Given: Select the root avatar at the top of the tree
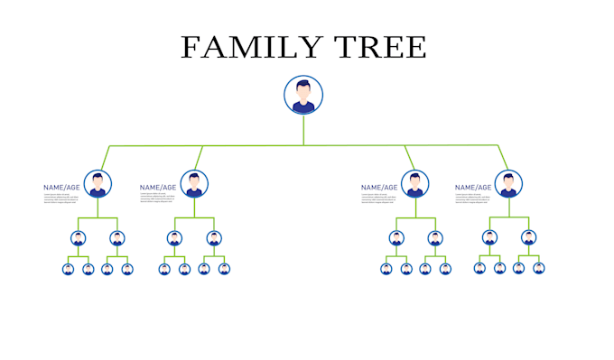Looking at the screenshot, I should [x=303, y=95].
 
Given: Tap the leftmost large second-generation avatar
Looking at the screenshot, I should [x=98, y=184].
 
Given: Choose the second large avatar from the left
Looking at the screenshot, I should [x=194, y=184].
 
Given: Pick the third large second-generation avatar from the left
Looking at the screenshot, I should [x=415, y=184].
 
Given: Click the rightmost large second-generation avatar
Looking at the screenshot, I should [x=508, y=184].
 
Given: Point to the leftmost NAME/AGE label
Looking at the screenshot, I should [x=61, y=188].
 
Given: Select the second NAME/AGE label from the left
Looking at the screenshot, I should [x=158, y=188].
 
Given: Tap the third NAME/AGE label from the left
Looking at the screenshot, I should [x=379, y=188].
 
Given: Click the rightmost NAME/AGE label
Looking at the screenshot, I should [x=473, y=188].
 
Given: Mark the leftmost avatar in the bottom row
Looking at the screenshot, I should [x=68, y=269].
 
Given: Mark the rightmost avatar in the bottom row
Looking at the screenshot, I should [x=539, y=268].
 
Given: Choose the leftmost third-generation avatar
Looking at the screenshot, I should [x=79, y=239].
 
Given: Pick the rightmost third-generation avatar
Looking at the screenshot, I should [x=528, y=238].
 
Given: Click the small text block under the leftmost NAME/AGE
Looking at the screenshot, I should [x=62, y=198].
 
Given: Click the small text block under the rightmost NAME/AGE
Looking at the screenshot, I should [x=474, y=198].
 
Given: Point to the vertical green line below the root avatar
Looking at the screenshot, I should [x=303, y=129].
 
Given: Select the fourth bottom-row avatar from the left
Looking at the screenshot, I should [x=127, y=269].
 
